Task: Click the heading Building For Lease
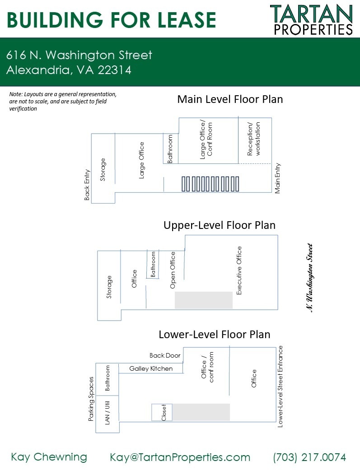click(111, 20)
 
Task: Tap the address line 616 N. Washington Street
click(79, 56)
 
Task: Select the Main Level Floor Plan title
click(230, 99)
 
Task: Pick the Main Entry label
click(278, 178)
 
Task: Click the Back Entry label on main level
click(87, 185)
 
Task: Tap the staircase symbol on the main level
click(210, 184)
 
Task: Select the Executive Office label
click(239, 270)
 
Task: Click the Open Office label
click(173, 270)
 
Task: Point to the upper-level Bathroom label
click(153, 265)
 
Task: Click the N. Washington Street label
click(309, 278)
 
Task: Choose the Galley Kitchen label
click(151, 368)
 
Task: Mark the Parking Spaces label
click(91, 399)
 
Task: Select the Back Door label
click(165, 355)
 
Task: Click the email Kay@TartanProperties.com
click(180, 457)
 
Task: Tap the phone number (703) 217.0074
click(309, 457)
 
